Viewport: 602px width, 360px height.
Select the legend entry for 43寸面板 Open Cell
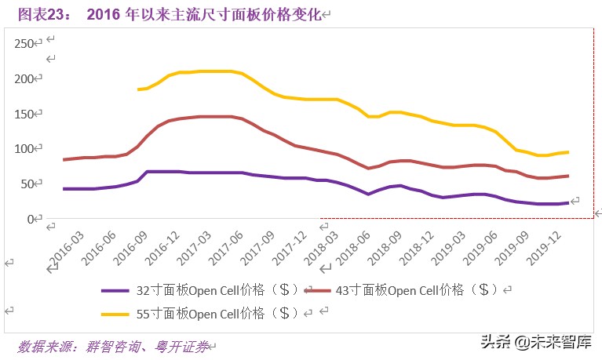[x=416, y=289]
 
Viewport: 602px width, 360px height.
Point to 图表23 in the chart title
[x=43, y=14]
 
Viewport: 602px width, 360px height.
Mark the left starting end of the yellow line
[x=138, y=89]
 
